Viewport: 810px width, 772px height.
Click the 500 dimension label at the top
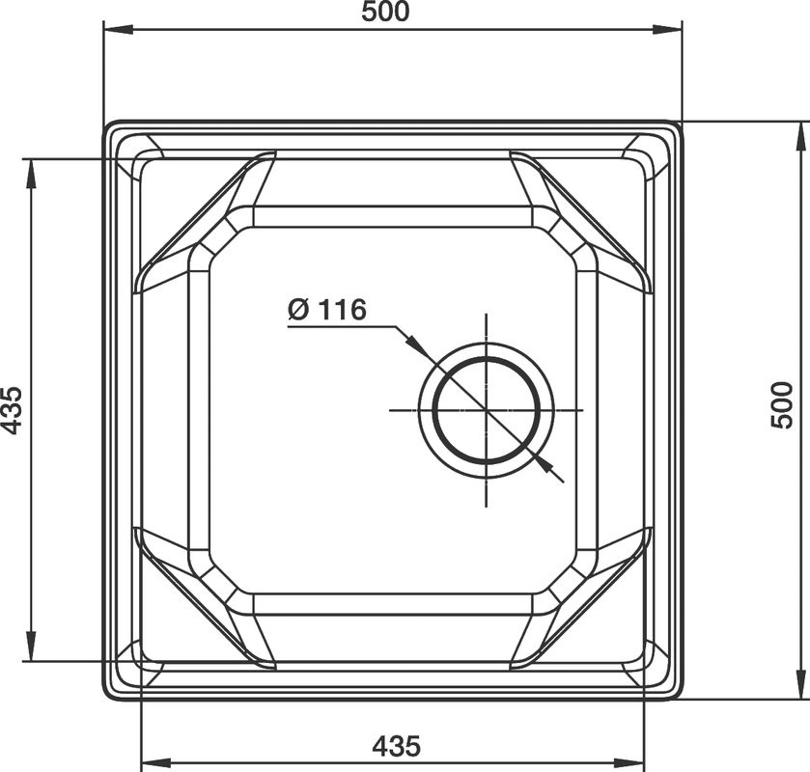point(385,12)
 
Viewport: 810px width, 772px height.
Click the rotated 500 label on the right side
point(782,405)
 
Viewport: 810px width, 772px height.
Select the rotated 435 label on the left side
point(12,410)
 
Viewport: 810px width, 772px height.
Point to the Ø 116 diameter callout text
point(327,310)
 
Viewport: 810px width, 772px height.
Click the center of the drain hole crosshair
point(487,409)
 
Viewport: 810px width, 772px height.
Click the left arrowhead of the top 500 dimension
point(119,29)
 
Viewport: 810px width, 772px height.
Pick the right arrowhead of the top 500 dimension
point(667,29)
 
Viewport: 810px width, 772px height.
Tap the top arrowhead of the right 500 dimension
point(803,137)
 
